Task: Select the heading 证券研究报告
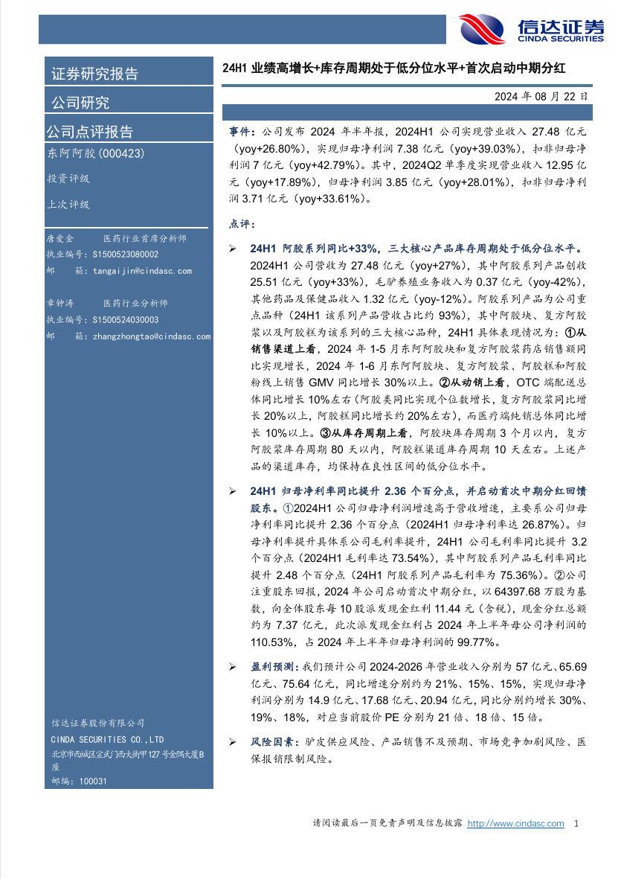[94, 74]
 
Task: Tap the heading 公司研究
[80, 103]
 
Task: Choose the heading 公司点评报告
[90, 132]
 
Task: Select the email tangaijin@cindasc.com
[143, 272]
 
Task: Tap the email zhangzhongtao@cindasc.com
[152, 337]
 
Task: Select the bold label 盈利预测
[271, 668]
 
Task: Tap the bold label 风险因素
[271, 743]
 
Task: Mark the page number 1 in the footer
[577, 823]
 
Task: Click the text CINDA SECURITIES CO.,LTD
[107, 740]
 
